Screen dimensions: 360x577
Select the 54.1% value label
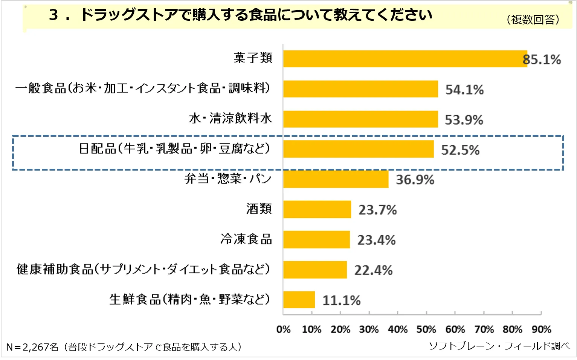[464, 90]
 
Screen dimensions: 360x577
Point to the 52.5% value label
[460, 150]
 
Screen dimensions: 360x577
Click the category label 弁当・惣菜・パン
[228, 178]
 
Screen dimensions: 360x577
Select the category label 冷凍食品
[246, 239]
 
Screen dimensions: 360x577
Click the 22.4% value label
[373, 270]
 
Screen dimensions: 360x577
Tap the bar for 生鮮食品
[299, 300]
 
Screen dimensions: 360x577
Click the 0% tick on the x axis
[283, 329]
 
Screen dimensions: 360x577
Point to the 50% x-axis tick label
[426, 329]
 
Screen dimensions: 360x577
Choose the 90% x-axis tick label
[541, 329]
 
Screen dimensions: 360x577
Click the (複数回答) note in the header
[533, 20]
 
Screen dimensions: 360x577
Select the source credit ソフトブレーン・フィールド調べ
[499, 346]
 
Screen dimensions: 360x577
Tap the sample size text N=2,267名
[32, 347]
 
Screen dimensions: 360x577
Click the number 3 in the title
[53, 15]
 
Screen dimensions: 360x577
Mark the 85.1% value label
[542, 59]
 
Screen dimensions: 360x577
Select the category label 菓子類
[253, 58]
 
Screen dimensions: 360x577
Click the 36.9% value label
[415, 180]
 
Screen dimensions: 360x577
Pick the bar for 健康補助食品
[315, 270]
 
